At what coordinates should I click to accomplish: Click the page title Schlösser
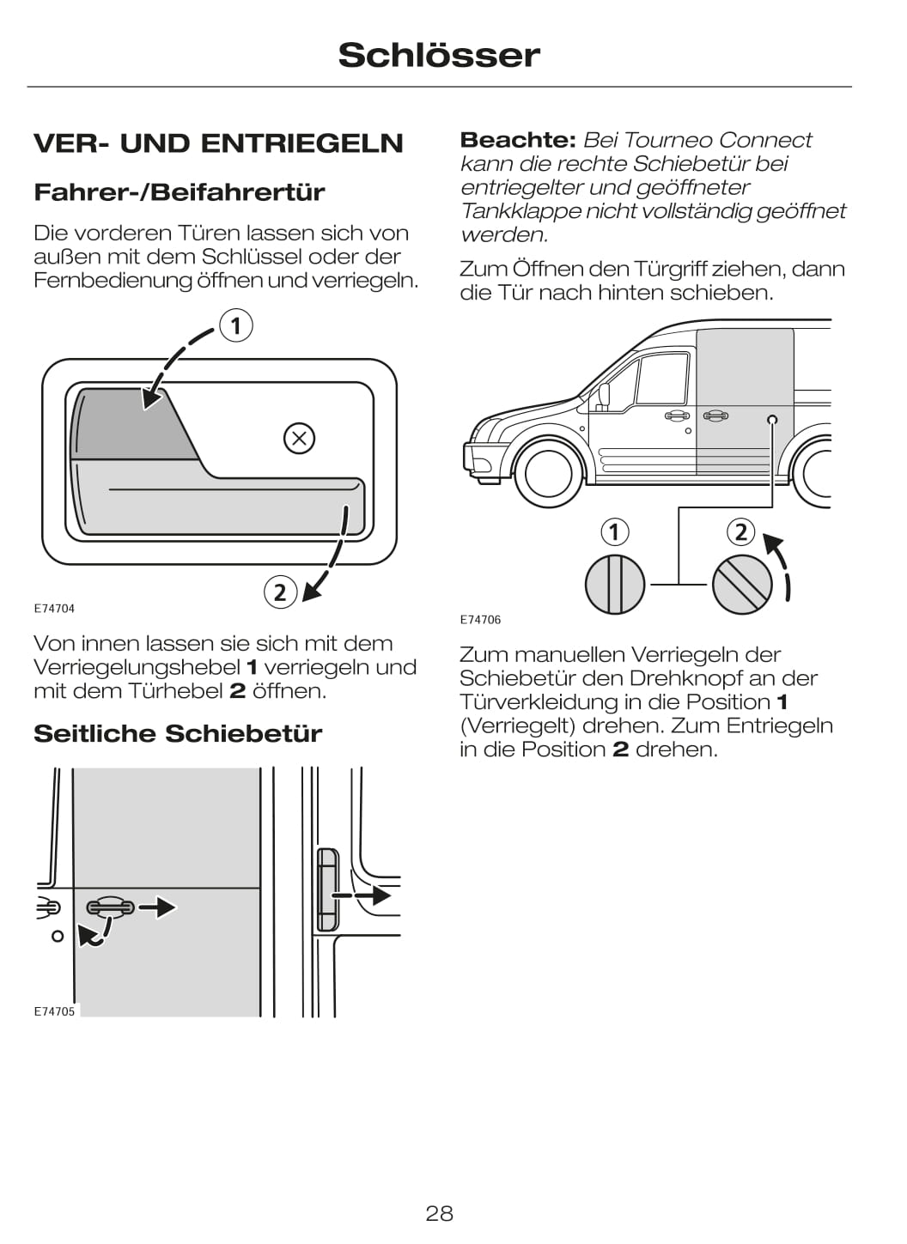(x=439, y=55)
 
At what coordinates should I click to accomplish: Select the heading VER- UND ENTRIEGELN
(x=218, y=143)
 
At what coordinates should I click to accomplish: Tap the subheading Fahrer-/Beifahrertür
(x=179, y=192)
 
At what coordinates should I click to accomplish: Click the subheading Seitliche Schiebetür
(x=178, y=734)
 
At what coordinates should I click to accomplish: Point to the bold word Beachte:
(x=517, y=140)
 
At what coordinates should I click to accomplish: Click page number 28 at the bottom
(x=439, y=1213)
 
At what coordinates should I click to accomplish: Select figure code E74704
(x=54, y=609)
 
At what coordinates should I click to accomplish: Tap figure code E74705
(x=54, y=1011)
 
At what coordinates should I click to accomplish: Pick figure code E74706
(x=480, y=620)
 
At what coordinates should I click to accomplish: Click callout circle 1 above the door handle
(x=235, y=326)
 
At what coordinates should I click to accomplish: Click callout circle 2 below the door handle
(x=280, y=592)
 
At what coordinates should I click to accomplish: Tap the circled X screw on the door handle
(x=299, y=439)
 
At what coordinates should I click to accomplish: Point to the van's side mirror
(x=604, y=396)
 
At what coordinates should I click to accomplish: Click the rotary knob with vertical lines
(x=614, y=585)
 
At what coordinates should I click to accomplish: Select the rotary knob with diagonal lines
(x=742, y=585)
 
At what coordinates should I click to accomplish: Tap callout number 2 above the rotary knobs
(x=741, y=532)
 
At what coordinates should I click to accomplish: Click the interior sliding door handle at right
(x=326, y=889)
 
